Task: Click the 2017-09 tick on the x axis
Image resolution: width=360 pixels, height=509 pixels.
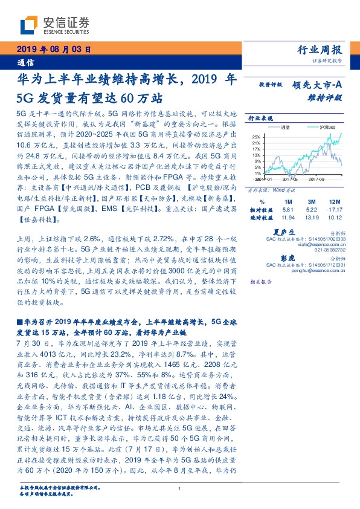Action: pyautogui.click(x=317, y=179)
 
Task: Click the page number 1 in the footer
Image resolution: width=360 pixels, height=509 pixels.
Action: pyautogui.click(x=180, y=489)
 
